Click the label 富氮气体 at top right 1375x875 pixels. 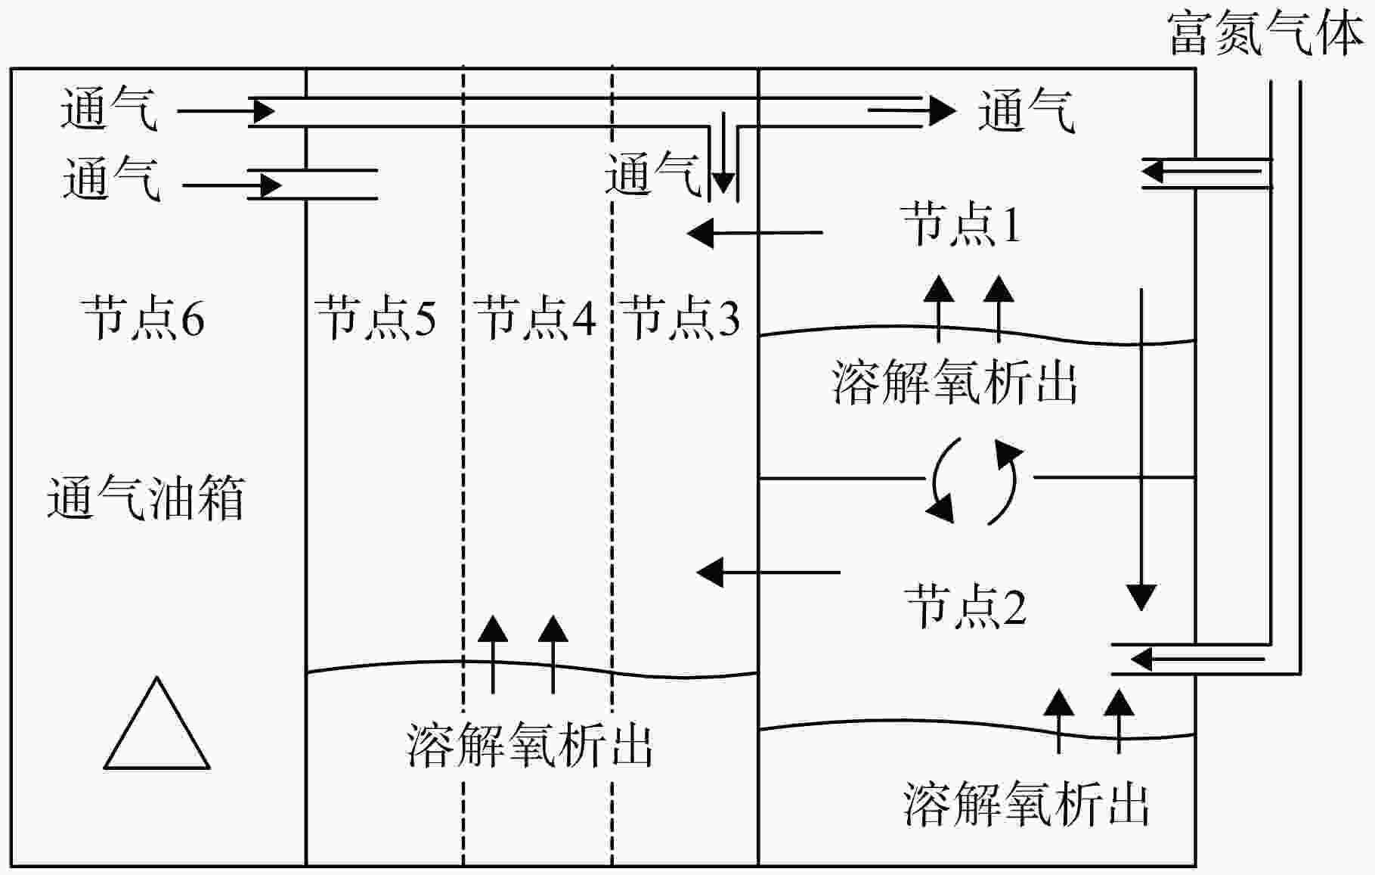(1265, 34)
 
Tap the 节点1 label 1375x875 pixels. (961, 224)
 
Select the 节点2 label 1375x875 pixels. (965, 606)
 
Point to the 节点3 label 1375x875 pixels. (680, 317)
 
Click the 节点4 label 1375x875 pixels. (536, 317)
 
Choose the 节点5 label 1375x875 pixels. (376, 317)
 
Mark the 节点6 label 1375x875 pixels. (144, 318)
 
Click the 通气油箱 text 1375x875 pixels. (146, 498)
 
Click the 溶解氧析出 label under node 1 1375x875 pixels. (955, 381)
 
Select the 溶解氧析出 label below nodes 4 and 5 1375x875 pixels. (530, 744)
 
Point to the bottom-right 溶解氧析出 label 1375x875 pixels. (1027, 803)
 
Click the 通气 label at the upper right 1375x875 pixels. (1026, 111)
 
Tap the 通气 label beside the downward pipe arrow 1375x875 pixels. (653, 175)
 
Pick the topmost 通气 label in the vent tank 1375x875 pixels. (109, 109)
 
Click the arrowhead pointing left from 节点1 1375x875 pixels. (700, 233)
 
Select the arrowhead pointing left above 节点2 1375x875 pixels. (710, 572)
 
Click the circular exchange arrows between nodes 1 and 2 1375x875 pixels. (974, 481)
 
